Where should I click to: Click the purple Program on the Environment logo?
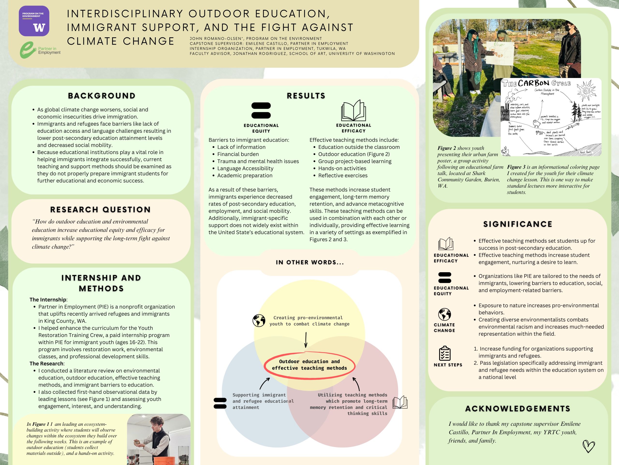tap(34, 21)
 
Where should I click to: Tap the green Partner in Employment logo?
tap(40, 50)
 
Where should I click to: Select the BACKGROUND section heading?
tap(102, 96)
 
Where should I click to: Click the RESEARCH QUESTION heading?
tap(100, 210)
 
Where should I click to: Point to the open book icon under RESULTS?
tap(354, 111)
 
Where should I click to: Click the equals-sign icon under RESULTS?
tap(261, 110)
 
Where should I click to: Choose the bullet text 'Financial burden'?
tap(238, 154)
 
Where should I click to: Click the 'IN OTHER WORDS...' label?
tap(310, 262)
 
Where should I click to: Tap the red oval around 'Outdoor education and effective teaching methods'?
tap(309, 365)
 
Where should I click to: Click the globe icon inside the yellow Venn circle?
tap(259, 321)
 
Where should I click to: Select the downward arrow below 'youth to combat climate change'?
tap(306, 340)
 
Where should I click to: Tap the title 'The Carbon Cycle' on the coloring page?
tap(536, 83)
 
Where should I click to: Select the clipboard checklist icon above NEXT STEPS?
tap(445, 353)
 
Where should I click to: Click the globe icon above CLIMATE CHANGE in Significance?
tap(444, 314)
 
